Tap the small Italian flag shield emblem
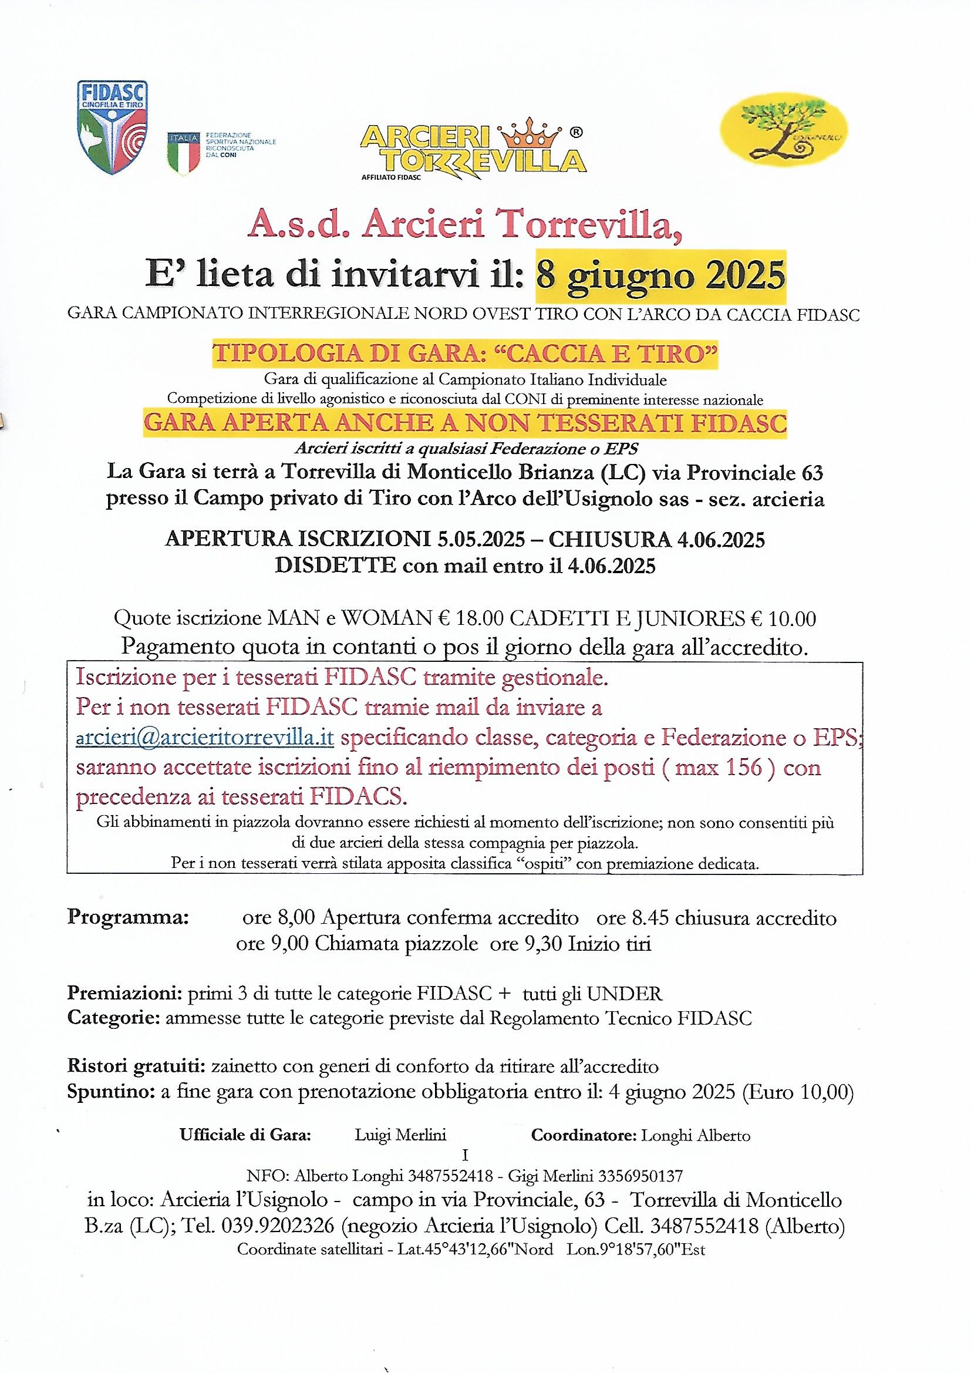pyautogui.click(x=182, y=154)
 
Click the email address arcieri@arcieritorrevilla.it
pyautogui.click(x=204, y=738)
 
